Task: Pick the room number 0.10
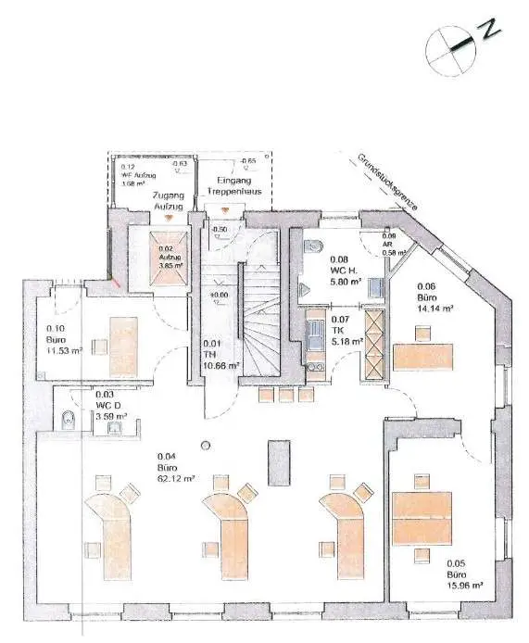(x=55, y=327)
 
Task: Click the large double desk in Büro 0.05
(x=421, y=517)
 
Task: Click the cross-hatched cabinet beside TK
(x=374, y=344)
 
